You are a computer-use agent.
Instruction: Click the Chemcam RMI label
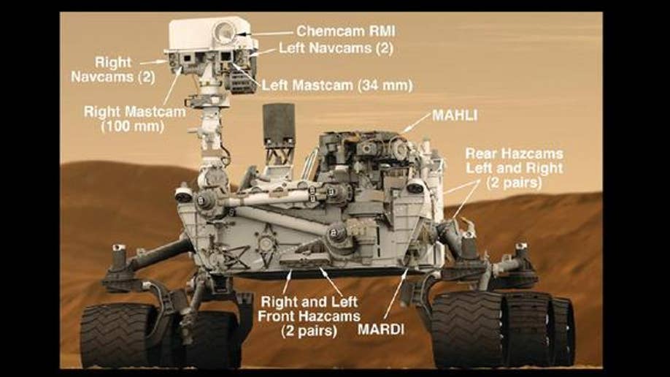[x=346, y=31]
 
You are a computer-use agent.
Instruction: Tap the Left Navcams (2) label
[x=336, y=48]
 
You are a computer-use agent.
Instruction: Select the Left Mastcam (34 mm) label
[x=337, y=85]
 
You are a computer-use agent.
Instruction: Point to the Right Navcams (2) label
[x=113, y=69]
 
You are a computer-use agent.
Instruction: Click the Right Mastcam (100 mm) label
[x=134, y=118]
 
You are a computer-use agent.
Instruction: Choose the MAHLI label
[x=455, y=115]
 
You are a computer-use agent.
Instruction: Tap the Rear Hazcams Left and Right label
[x=514, y=168]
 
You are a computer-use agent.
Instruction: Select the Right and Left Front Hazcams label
[x=309, y=316]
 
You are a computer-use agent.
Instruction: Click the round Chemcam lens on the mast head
[x=224, y=32]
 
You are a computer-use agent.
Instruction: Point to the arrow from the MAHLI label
[x=417, y=123]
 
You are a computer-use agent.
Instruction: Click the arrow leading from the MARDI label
[x=396, y=294]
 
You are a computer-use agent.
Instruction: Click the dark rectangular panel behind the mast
[x=279, y=123]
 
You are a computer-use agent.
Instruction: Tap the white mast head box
[x=209, y=34]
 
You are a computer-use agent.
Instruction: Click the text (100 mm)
[x=132, y=126]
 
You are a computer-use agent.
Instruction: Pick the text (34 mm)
[x=385, y=85]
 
